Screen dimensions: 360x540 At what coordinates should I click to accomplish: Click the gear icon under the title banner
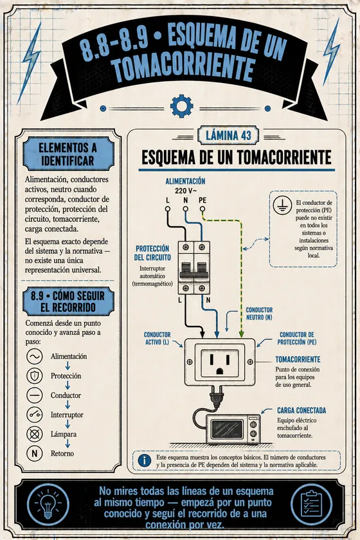pos(181,106)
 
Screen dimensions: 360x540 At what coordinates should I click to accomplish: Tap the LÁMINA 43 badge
pos(228,136)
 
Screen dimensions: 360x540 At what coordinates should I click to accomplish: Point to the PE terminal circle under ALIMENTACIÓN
pos(203,208)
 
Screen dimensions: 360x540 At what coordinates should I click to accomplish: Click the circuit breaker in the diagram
pos(194,267)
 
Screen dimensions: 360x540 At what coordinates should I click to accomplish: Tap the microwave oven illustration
pos(233,429)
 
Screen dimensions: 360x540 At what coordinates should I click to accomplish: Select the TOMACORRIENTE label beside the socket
pos(298,359)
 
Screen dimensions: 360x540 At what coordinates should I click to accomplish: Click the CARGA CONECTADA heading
pos(301,411)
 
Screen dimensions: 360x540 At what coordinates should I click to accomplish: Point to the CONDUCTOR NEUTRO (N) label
pos(259,314)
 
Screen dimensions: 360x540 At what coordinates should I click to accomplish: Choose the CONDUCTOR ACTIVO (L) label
pos(157,338)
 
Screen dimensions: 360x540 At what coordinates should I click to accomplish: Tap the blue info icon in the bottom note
pos(145,460)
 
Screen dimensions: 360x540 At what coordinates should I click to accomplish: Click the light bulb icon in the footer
pos(48,505)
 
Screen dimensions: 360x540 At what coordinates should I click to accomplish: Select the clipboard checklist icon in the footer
pos(311,504)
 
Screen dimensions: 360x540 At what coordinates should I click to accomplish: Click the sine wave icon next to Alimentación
pos(35,356)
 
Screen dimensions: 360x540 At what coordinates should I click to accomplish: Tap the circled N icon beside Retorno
pos(35,454)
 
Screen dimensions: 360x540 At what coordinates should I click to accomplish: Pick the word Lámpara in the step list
pos(64,435)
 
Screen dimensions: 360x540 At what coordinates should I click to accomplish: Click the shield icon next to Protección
pos(35,375)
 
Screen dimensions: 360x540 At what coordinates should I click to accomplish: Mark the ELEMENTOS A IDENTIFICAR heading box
pos(68,154)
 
